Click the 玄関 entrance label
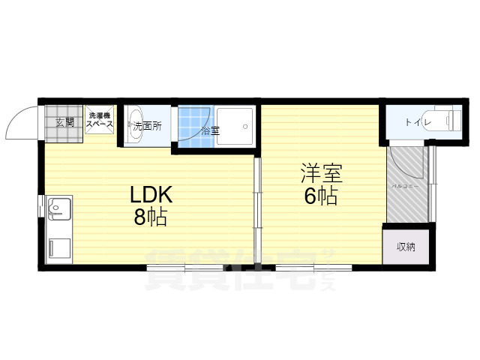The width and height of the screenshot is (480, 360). (x=64, y=123)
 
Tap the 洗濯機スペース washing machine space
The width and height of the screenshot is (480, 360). (x=99, y=120)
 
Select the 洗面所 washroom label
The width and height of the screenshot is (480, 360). (x=147, y=126)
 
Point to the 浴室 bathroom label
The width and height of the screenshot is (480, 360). (x=209, y=130)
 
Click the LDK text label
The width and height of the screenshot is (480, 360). (x=152, y=196)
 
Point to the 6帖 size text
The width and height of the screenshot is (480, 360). (x=321, y=197)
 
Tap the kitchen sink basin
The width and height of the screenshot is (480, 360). (x=59, y=207)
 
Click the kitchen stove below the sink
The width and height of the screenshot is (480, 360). (x=59, y=247)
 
